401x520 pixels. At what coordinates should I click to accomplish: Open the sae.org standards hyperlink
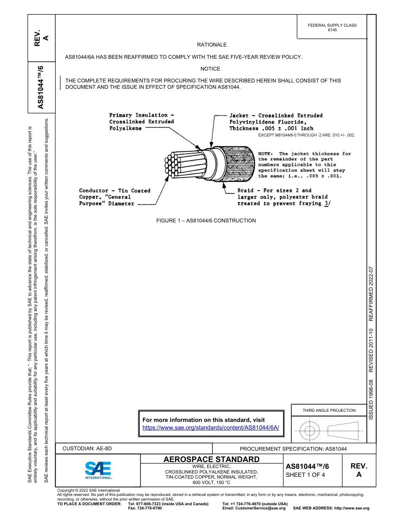coord(211,427)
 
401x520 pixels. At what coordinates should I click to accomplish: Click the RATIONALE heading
coord(212,45)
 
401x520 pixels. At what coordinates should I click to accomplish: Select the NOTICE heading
coord(210,69)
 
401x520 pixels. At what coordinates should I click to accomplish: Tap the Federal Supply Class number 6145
coord(332,30)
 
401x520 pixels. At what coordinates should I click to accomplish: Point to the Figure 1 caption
coord(206,221)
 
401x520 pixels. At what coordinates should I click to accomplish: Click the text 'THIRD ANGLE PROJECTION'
coord(329,410)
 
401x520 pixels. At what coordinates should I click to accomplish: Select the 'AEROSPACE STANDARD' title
coord(211,460)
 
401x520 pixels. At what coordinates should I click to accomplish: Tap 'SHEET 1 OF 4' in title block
coord(305,475)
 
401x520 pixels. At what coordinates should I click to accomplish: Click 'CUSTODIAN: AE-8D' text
coord(87,449)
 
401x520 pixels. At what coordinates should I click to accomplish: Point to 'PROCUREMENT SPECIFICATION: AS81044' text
coord(293,449)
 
